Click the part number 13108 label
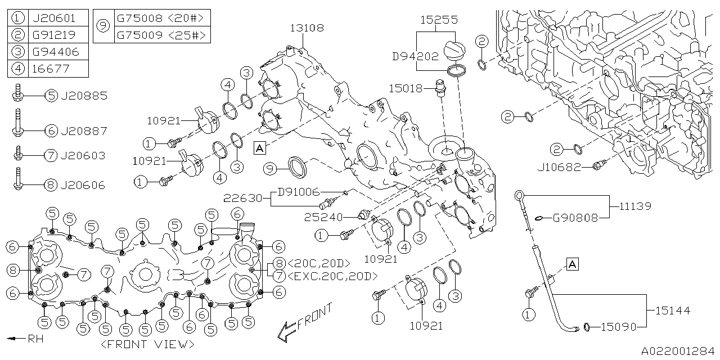[x=307, y=28]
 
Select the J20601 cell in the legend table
[x=53, y=18]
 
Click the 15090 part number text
[x=618, y=327]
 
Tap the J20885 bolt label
[x=83, y=96]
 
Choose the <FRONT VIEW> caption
[x=148, y=344]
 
